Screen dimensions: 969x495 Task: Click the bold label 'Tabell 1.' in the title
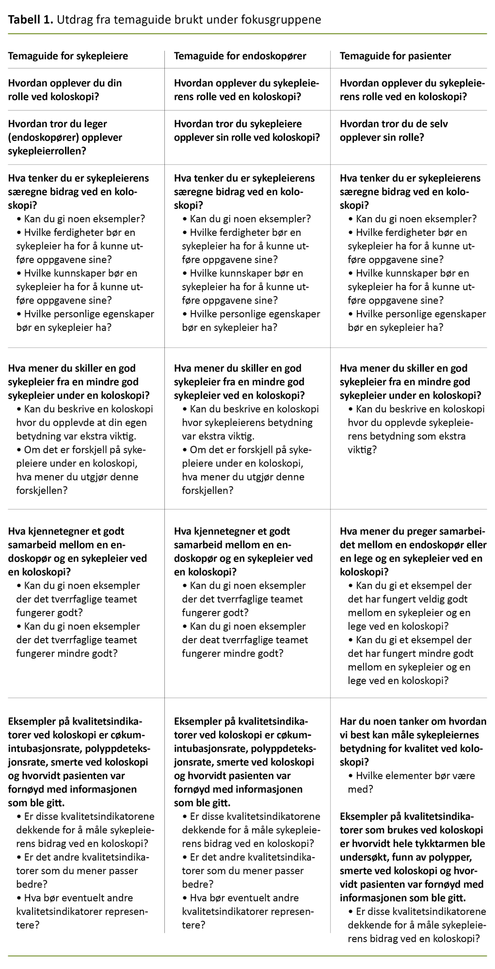(30, 19)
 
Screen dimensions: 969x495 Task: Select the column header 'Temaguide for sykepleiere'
(68, 56)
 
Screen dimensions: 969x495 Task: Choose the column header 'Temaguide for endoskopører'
(240, 56)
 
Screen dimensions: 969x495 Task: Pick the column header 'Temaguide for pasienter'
(395, 56)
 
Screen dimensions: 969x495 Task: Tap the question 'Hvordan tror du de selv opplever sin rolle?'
(393, 130)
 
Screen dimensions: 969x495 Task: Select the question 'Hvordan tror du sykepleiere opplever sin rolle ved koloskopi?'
(246, 130)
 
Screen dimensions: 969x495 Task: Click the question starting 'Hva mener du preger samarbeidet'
(413, 551)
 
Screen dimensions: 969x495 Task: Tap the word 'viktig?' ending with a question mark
(362, 450)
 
